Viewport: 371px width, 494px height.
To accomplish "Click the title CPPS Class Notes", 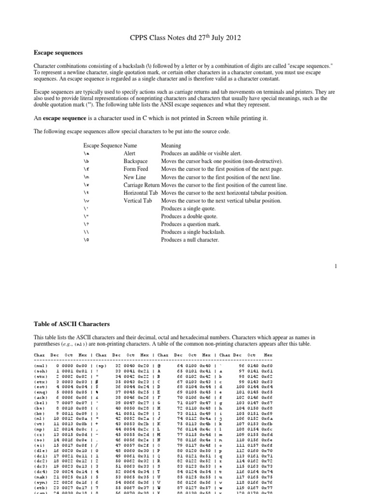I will [185, 37].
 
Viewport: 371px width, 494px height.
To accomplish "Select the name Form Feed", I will [136, 169].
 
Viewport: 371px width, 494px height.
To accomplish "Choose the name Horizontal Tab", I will [142, 192].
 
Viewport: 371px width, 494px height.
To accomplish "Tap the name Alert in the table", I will [129, 153].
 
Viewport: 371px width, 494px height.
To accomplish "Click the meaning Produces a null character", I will [193, 240].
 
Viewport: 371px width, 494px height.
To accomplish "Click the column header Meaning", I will [171, 145].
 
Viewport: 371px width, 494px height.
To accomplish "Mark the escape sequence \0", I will [86, 240].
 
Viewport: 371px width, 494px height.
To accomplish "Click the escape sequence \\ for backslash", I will [86, 233].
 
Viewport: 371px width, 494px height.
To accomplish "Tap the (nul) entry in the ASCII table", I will [41, 366].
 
